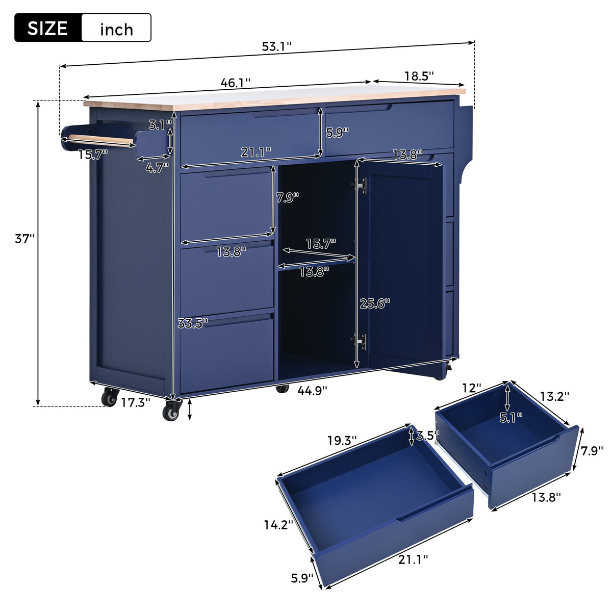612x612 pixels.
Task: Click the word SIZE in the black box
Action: (47, 28)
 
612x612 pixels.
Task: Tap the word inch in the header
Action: (116, 29)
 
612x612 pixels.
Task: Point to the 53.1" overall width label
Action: (276, 46)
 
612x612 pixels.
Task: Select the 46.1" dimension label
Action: (235, 83)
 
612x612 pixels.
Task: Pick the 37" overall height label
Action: (24, 238)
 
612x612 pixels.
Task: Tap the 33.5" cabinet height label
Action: (193, 323)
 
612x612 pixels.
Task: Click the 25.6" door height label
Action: (374, 303)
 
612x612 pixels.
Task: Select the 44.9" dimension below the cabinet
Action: (312, 390)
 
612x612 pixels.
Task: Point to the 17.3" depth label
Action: (135, 402)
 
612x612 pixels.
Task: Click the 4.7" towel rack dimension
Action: (157, 168)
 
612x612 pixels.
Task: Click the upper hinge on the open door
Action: (361, 186)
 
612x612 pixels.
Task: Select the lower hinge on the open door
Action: (361, 341)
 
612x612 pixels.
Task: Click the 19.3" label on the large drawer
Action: (342, 440)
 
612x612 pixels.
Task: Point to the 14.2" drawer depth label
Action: (278, 524)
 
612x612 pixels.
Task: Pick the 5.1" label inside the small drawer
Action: (511, 418)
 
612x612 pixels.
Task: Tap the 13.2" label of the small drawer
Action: (554, 396)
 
